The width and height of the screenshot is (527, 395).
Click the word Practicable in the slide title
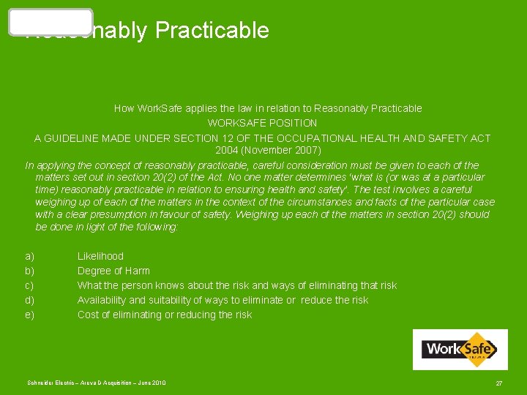point(212,31)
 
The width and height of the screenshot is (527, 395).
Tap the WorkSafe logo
point(460,349)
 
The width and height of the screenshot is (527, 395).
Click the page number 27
point(499,383)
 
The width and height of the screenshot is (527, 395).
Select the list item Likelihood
point(100,256)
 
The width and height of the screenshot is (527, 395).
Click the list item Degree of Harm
point(113,271)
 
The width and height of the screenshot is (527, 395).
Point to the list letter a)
point(29,256)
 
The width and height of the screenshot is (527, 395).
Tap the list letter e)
point(29,315)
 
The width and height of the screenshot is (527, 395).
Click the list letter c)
point(29,285)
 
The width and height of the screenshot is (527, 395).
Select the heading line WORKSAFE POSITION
point(262,123)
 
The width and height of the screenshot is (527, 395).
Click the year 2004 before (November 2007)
point(228,150)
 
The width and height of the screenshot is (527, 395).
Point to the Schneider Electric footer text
point(97,383)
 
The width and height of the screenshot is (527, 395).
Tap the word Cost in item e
point(89,315)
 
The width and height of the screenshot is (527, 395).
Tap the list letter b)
point(29,271)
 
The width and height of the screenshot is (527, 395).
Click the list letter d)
point(29,300)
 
